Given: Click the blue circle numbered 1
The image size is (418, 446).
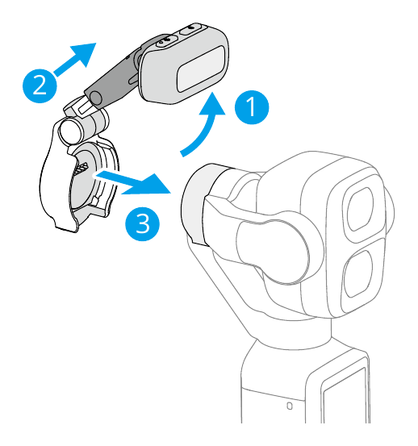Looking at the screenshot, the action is pyautogui.click(x=252, y=107).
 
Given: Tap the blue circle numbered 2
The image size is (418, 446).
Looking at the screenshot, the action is pyautogui.click(x=40, y=85).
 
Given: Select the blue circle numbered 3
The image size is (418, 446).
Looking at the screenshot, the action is pyautogui.click(x=142, y=223).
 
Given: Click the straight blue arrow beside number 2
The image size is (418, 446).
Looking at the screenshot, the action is pyautogui.click(x=74, y=59).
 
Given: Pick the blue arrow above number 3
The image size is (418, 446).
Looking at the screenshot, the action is pyautogui.click(x=132, y=182).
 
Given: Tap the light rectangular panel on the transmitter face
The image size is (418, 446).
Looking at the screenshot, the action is pyautogui.click(x=201, y=69).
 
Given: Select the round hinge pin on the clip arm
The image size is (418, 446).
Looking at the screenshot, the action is pyautogui.click(x=95, y=98).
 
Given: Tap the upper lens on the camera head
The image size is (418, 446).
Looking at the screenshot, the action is pyautogui.click(x=360, y=209).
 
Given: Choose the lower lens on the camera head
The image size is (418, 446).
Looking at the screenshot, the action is pyautogui.click(x=357, y=273).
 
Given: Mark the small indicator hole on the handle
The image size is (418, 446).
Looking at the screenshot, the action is pyautogui.click(x=290, y=406).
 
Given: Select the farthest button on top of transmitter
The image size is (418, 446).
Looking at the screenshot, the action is pyautogui.click(x=191, y=29).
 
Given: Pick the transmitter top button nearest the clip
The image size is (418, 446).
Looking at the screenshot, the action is pyautogui.click(x=166, y=40).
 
